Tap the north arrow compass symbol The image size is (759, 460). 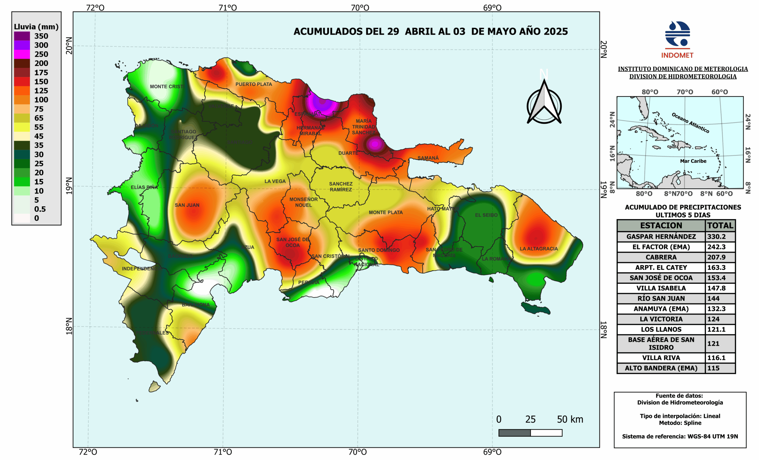[544, 103]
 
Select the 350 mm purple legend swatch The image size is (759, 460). [22, 36]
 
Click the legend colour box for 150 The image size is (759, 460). [22, 82]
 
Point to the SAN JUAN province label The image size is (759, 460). [187, 205]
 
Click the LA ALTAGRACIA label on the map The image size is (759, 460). [538, 248]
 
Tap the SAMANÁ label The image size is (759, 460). [428, 158]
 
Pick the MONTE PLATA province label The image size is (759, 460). [386, 213]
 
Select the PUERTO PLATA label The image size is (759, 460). [253, 84]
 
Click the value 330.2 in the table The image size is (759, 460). [716, 237]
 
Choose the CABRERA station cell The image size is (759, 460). [661, 257]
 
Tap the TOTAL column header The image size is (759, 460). [720, 225]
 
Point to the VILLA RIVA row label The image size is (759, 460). [661, 358]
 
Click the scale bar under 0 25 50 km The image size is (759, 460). [530, 433]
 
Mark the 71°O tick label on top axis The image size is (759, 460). [228, 7]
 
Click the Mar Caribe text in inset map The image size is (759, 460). [693, 161]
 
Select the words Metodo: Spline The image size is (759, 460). [680, 423]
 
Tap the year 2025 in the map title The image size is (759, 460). [556, 31]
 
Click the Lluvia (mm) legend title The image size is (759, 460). [36, 27]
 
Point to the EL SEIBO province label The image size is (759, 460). [486, 215]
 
